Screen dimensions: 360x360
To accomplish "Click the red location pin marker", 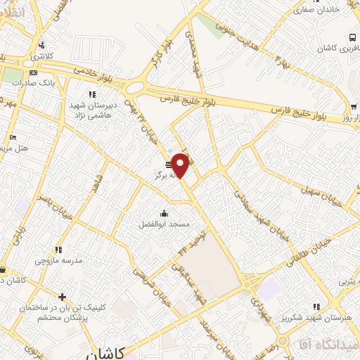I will click(181, 165).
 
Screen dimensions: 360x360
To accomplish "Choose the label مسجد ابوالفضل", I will click(164, 224).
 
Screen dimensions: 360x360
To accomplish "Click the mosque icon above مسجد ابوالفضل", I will click(164, 214).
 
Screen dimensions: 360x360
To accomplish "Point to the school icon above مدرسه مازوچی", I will click(59, 250).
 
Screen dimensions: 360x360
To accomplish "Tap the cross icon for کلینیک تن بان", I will click(63, 297).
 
